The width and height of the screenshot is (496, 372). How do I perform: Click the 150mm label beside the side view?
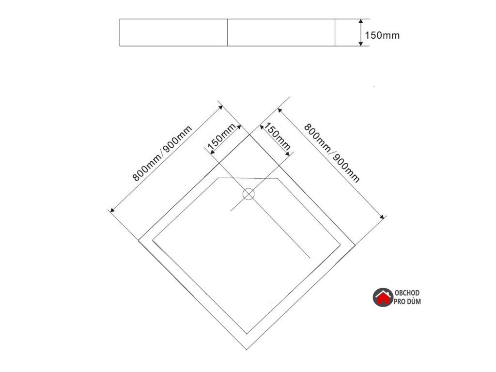coord(382,35)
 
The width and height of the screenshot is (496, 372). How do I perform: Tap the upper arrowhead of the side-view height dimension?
coord(361,22)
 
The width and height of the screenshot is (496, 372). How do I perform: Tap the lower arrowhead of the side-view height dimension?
coord(361,44)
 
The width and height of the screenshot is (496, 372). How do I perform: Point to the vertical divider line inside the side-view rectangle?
coord(228,32)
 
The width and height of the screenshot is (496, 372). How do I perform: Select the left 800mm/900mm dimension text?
coord(163,153)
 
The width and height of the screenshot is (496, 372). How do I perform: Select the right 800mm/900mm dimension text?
coord(332,153)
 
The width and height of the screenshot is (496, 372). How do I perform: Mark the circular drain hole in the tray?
coord(248,195)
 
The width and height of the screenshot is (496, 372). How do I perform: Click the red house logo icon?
coord(383,297)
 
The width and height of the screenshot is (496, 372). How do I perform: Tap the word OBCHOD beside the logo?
coord(407,294)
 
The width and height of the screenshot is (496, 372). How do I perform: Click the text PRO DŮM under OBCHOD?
coord(407,302)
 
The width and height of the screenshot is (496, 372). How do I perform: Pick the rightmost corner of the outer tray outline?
coord(357,242)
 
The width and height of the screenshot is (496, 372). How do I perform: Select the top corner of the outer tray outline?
coord(250,135)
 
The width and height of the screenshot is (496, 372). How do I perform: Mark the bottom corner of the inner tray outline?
coord(248,334)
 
